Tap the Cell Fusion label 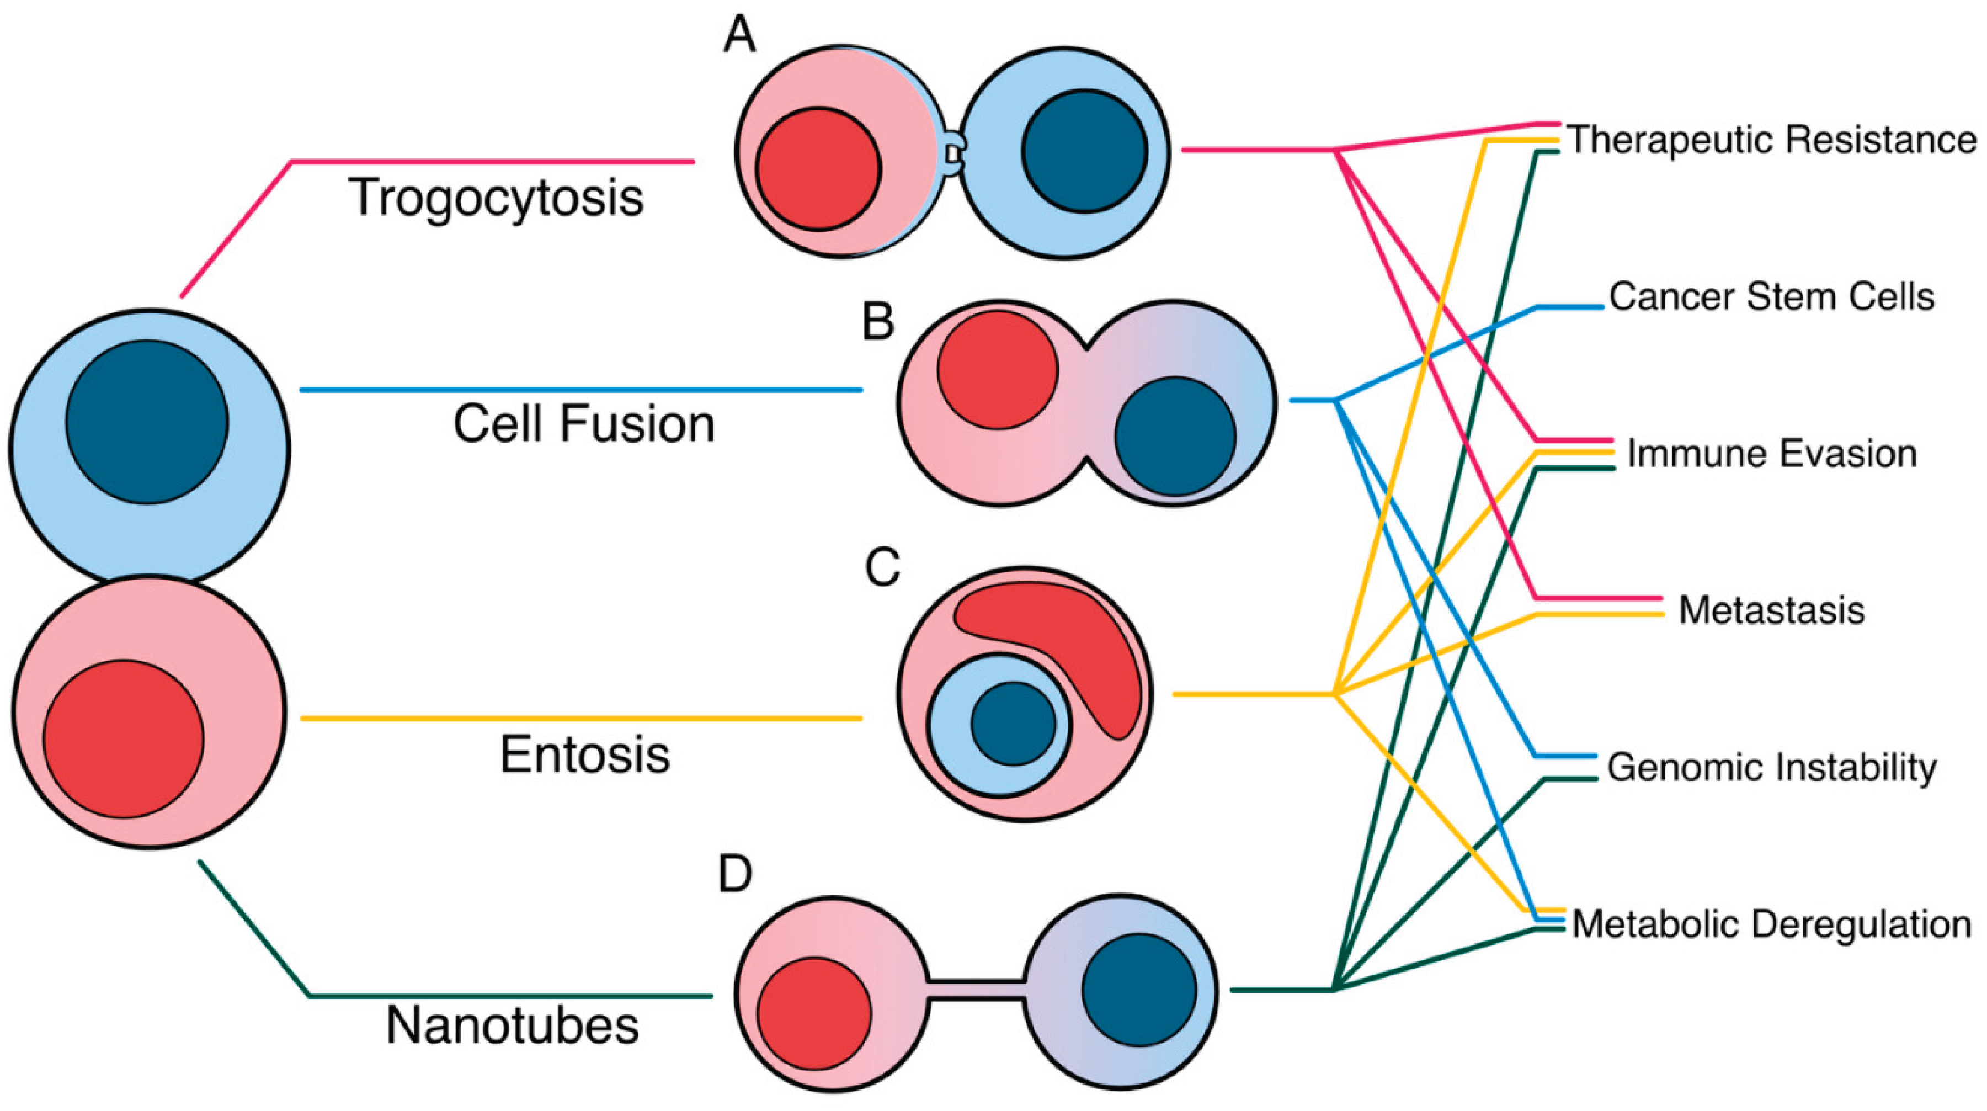pos(584,424)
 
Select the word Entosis pos(585,754)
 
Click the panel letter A pos(739,35)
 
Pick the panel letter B pos(878,322)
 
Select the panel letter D pos(734,874)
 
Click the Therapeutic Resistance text pos(1772,140)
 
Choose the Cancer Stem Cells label pos(1771,297)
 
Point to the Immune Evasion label pos(1771,454)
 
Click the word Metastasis pos(1771,610)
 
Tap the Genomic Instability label pos(1771,768)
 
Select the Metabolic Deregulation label pos(1771,924)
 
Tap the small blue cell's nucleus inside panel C pos(1013,724)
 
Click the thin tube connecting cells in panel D pos(977,990)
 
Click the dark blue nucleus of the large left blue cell pos(147,422)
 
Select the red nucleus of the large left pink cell pos(124,738)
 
